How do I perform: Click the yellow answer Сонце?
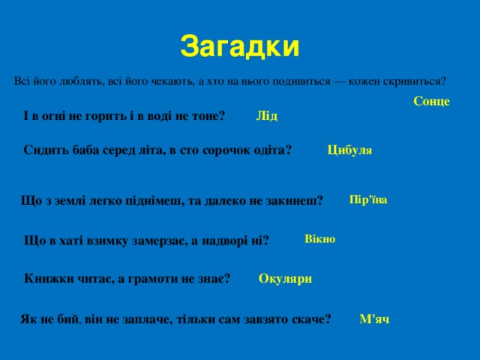(431, 101)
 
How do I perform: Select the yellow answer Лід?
(266, 115)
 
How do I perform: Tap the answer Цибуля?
(349, 150)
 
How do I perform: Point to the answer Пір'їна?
(368, 199)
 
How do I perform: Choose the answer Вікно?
(320, 238)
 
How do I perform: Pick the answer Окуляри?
(285, 279)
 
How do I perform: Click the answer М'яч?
(374, 319)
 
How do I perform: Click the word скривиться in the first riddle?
(415, 81)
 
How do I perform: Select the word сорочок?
(223, 150)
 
